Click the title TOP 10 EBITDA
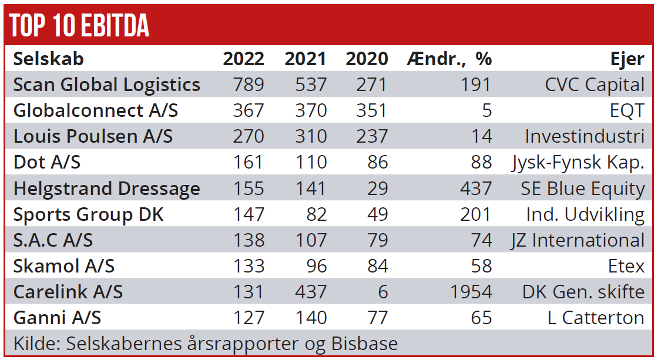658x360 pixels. (79, 25)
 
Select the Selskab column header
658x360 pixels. (48, 59)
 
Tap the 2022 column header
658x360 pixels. (244, 59)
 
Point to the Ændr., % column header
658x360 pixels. (449, 59)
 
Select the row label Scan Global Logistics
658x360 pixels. (106, 85)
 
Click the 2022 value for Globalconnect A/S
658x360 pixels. (249, 110)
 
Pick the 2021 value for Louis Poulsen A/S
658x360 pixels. (311, 136)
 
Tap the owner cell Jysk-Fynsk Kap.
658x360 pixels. (578, 163)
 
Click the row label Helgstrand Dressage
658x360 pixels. (106, 189)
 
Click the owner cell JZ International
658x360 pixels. (578, 240)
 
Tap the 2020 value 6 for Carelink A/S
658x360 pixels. (382, 292)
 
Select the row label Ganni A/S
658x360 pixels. (57, 318)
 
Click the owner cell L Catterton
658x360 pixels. (596, 318)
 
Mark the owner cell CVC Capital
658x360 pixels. (595, 85)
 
